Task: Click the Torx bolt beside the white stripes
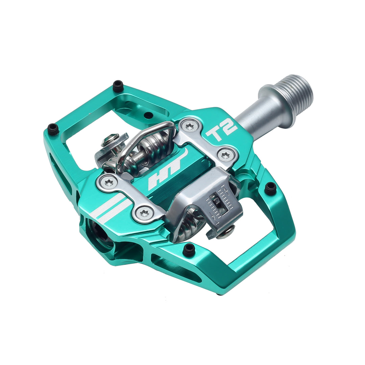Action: click(x=144, y=213)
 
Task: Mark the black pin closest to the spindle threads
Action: click(x=270, y=188)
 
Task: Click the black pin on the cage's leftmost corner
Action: click(x=53, y=129)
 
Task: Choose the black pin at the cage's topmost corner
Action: click(x=118, y=86)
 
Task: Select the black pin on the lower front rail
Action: click(x=189, y=249)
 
